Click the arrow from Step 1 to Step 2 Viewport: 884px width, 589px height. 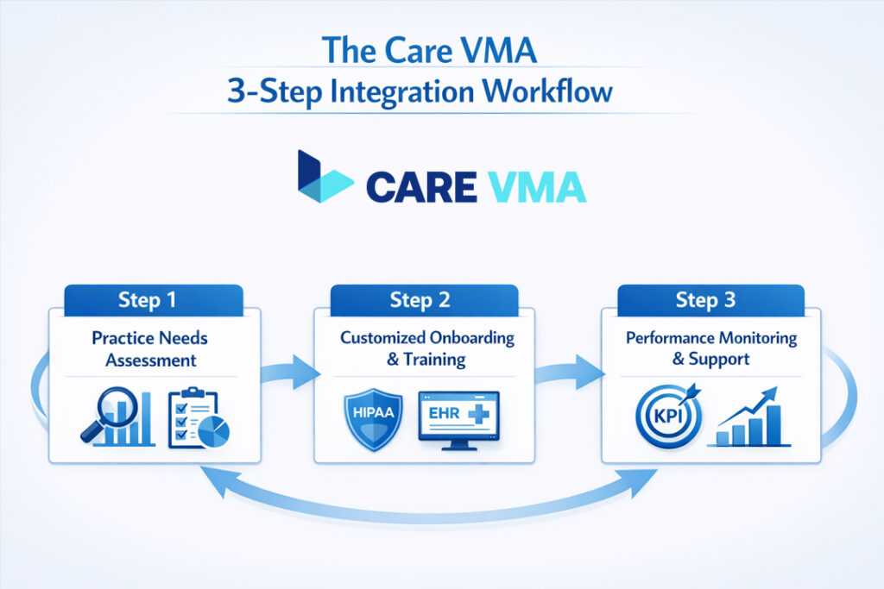pos(289,373)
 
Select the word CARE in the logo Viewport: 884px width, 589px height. pos(420,185)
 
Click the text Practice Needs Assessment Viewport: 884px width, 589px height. pos(150,348)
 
